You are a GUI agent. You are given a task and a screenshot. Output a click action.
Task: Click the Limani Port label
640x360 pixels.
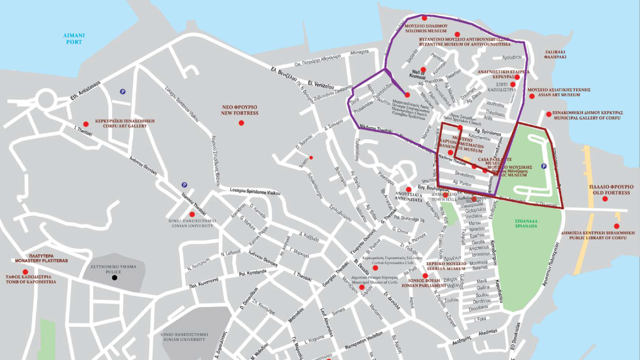[x=74, y=39]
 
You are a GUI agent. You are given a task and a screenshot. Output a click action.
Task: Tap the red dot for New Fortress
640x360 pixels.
[x=241, y=123]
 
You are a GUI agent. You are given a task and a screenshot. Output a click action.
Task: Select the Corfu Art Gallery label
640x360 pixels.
[x=125, y=123]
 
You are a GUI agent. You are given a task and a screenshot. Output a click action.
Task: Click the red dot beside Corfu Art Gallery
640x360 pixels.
[x=86, y=124]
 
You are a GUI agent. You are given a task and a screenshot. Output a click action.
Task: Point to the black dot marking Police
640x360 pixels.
[x=114, y=278]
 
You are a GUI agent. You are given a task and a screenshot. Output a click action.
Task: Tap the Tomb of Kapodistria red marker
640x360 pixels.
[x=25, y=272]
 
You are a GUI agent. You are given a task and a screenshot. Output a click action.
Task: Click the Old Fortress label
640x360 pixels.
[x=611, y=190]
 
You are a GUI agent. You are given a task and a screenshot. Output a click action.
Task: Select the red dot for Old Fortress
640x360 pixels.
[x=605, y=199]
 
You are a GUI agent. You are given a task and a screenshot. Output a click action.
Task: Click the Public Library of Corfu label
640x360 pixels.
[x=597, y=235]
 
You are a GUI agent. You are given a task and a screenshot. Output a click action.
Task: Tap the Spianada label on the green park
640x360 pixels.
[x=526, y=224]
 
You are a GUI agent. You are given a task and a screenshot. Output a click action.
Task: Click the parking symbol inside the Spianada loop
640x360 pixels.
[x=544, y=166]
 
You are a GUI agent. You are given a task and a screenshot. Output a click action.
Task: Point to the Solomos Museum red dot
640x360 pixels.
[x=424, y=18]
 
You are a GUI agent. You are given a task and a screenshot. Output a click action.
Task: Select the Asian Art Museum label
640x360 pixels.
[x=559, y=92]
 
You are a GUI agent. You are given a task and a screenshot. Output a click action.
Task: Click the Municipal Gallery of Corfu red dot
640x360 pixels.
[x=549, y=114]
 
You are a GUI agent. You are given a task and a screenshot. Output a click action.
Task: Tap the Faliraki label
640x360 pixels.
[x=555, y=55]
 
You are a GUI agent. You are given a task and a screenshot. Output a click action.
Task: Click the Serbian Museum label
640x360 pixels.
[x=446, y=266]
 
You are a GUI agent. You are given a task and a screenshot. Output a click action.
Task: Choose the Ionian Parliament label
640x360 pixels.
[x=424, y=283]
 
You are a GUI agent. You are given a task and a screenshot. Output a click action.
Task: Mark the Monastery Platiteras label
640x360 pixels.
[x=41, y=258]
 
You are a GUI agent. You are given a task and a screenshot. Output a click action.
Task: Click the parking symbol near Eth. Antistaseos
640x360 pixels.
[x=122, y=92]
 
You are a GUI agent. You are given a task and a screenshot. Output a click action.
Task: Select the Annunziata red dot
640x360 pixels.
[x=408, y=189]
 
